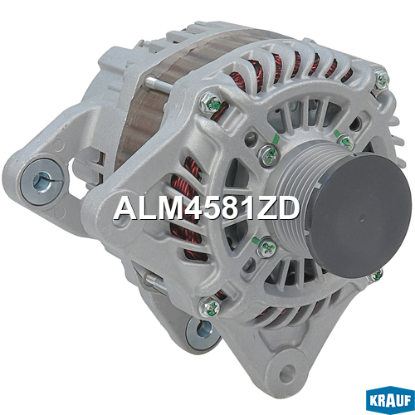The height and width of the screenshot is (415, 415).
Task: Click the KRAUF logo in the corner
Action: coord(390,402)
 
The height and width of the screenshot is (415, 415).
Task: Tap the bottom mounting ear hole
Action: coord(287,369)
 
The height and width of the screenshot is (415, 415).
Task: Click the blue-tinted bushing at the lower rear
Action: coord(201,333)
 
